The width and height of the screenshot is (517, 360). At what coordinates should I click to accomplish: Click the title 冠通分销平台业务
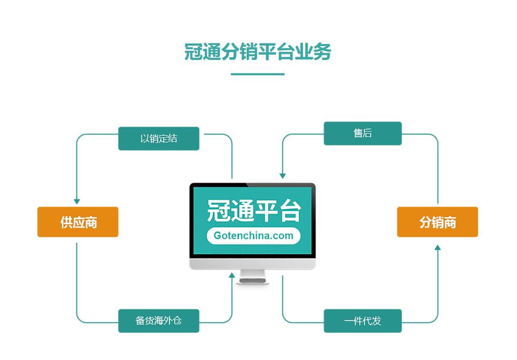[257, 52]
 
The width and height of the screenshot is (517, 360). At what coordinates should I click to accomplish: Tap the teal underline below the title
[257, 74]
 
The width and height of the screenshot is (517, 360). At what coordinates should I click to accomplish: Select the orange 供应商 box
[78, 222]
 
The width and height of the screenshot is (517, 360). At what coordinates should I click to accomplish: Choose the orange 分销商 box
[437, 222]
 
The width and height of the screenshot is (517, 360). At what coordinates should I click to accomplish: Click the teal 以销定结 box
[159, 138]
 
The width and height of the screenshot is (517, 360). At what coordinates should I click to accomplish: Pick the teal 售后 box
[362, 133]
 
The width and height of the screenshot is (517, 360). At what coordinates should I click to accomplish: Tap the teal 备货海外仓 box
[159, 321]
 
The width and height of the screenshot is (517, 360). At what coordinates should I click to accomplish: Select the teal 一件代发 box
[362, 321]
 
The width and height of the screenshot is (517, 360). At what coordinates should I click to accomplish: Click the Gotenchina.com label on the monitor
[253, 236]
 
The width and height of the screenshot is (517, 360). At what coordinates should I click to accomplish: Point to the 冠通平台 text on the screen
[253, 210]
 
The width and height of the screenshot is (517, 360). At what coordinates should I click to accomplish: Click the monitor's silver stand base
[253, 280]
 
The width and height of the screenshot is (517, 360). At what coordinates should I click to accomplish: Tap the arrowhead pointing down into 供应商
[77, 201]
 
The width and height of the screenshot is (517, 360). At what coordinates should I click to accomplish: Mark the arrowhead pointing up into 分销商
[437, 248]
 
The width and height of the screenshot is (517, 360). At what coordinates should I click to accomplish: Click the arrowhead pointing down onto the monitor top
[283, 176]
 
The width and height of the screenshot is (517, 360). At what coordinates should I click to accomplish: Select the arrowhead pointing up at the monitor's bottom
[232, 276]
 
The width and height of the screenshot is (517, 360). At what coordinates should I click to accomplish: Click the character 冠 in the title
[193, 52]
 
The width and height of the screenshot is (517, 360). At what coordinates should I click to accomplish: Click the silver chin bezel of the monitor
[252, 264]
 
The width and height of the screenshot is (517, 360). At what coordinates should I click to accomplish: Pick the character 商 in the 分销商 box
[449, 222]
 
